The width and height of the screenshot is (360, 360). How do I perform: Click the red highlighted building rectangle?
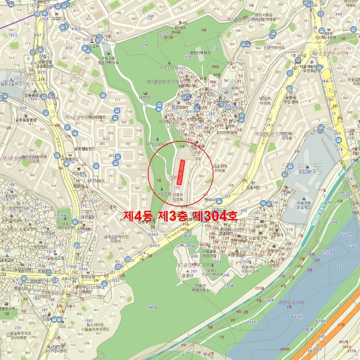[x=180, y=172]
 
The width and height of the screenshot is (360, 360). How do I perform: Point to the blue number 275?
[x=176, y=189]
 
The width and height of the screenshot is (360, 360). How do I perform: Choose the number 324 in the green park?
[x=143, y=45]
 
